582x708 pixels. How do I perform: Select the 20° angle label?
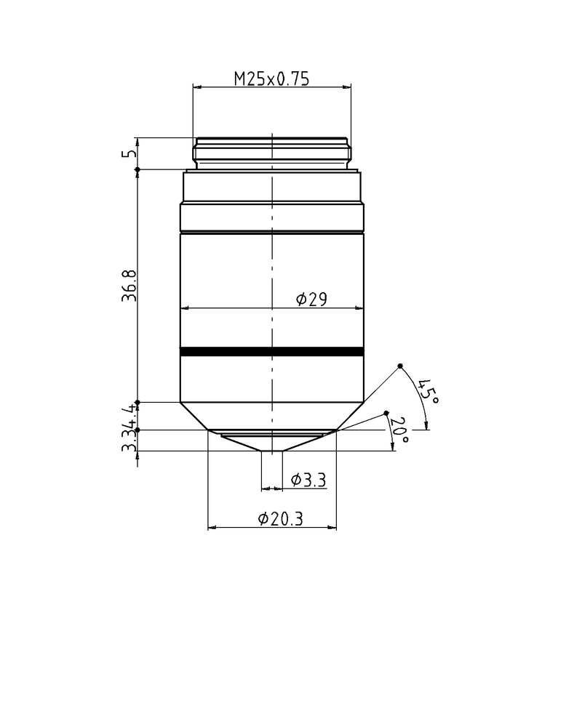click(399, 430)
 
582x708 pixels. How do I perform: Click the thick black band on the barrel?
click(271, 352)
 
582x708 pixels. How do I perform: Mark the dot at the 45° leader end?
click(400, 366)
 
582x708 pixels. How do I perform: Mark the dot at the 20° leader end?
click(386, 414)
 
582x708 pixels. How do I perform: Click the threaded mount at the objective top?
click(271, 153)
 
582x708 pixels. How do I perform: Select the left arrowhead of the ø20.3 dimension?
click(212, 527)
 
